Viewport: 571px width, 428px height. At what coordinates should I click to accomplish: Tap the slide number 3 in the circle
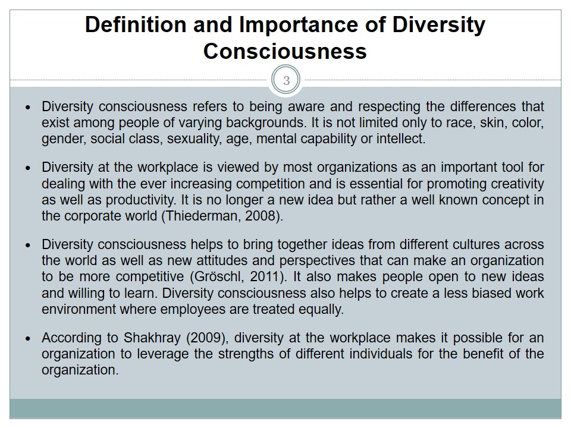pos(286,81)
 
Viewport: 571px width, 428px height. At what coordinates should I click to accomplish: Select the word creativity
pos(516,184)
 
